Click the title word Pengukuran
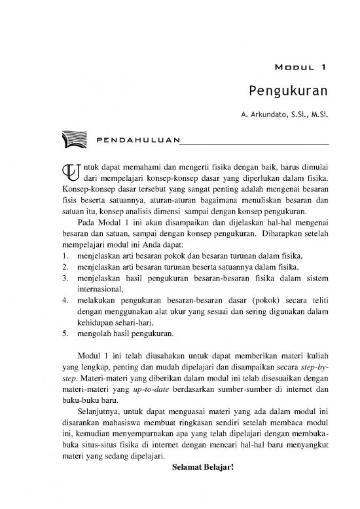click(289, 90)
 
